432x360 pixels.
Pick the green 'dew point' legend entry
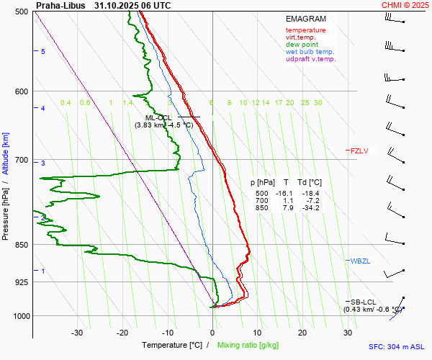[302, 45]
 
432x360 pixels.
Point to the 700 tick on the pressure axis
[21, 160]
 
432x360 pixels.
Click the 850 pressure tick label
[21, 245]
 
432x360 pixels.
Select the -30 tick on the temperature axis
[77, 333]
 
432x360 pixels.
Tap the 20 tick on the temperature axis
[302, 333]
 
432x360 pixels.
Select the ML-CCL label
[158, 117]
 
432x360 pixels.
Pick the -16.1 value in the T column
[287, 194]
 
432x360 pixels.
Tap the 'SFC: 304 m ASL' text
[395, 346]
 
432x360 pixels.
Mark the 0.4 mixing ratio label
[66, 103]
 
